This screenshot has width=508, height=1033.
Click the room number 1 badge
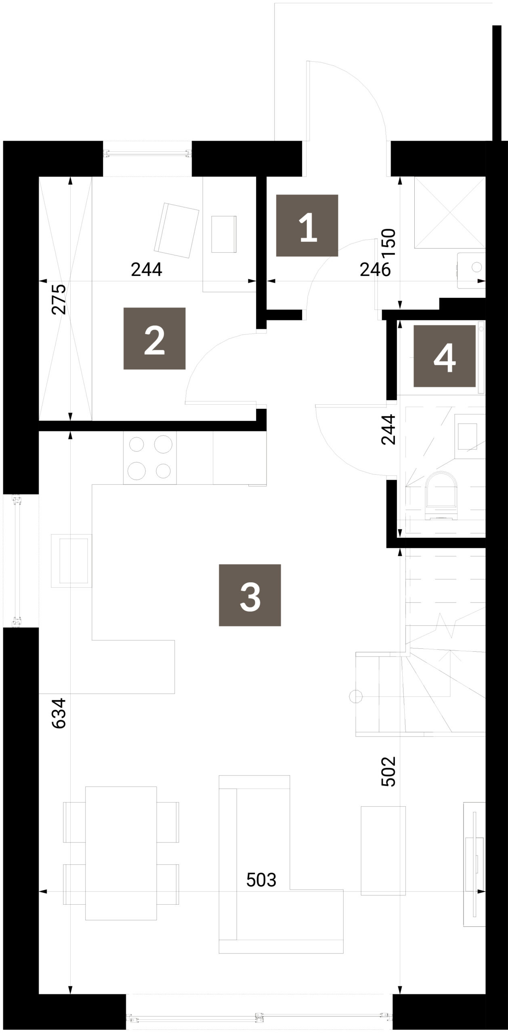click(x=307, y=226)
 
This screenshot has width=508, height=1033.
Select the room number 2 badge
click(x=154, y=339)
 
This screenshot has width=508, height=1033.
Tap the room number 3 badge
click(x=250, y=595)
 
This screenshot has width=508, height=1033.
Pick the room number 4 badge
click(x=444, y=356)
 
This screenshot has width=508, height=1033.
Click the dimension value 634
click(x=59, y=713)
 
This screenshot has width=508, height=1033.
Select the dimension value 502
click(x=388, y=771)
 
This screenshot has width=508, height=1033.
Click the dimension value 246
click(x=375, y=270)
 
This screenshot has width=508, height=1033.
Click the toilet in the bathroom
click(x=443, y=496)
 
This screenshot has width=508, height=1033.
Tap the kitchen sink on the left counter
click(x=71, y=560)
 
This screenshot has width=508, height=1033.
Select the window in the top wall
click(x=147, y=153)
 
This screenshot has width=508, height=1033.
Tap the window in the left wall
click(x=17, y=560)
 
